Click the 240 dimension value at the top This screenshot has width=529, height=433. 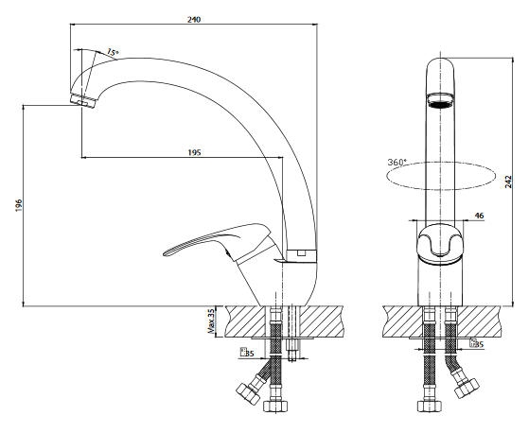194,20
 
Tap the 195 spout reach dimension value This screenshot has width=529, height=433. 194,152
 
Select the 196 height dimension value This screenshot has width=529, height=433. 19,205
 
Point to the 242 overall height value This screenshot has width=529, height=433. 508,182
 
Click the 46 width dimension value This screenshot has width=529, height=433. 479,216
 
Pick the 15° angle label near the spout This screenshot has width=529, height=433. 113,52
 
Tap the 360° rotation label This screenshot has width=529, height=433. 397,162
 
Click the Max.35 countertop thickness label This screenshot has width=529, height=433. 211,320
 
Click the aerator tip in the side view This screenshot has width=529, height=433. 82,100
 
